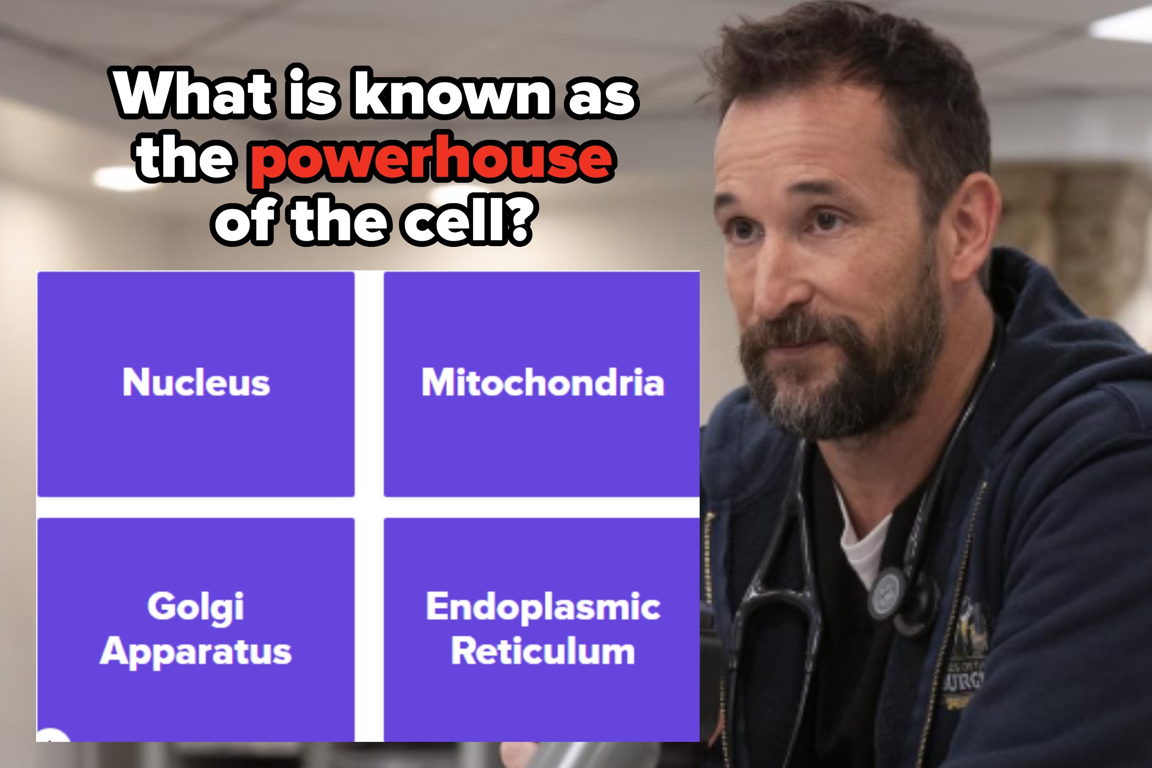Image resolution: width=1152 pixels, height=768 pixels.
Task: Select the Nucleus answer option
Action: [196, 384]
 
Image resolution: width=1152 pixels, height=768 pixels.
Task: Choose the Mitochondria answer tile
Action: [542, 384]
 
